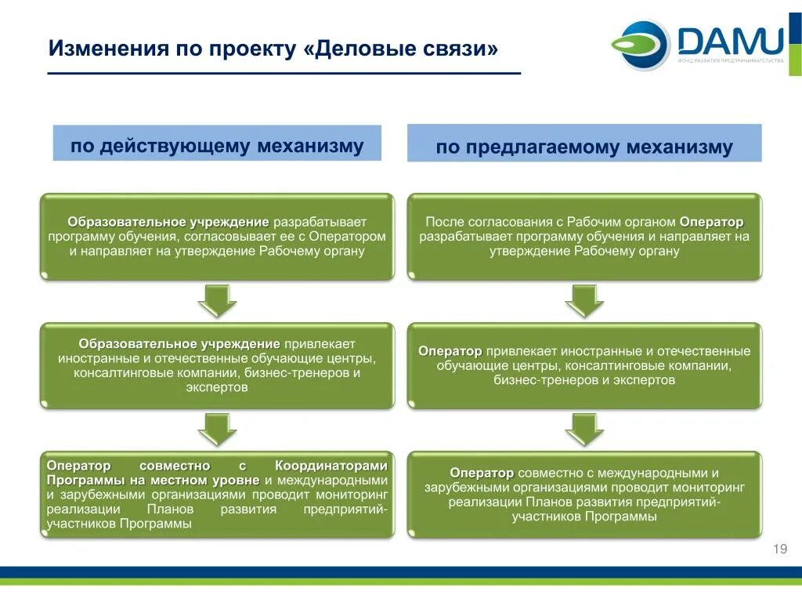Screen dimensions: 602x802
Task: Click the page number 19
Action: [x=779, y=549]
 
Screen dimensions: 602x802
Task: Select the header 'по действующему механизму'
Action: [x=217, y=145]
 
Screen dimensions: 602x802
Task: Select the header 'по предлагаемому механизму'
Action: [x=584, y=147]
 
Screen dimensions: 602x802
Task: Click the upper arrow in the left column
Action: [x=217, y=301]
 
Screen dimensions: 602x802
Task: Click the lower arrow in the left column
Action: [x=217, y=430]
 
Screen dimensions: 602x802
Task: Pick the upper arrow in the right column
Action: [x=584, y=301]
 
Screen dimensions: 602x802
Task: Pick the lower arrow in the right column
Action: [x=584, y=430]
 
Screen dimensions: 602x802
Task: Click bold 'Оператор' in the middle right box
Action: [x=450, y=351]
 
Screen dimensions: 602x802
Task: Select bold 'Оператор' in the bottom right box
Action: [x=482, y=473]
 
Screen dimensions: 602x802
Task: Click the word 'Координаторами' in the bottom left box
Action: [x=331, y=465]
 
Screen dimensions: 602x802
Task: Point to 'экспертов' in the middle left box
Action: [x=217, y=387]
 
